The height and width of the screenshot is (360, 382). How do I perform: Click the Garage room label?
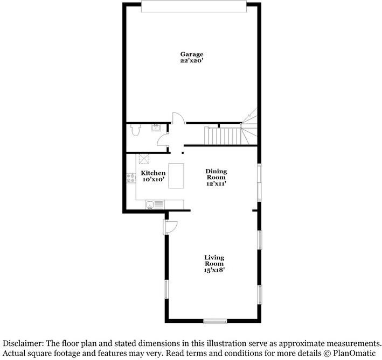pyautogui.click(x=191, y=54)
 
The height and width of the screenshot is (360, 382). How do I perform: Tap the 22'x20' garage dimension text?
pyautogui.click(x=191, y=61)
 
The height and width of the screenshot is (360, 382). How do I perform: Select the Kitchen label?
pyautogui.click(x=153, y=173)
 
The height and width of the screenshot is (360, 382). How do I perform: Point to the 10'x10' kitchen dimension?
pyautogui.click(x=153, y=179)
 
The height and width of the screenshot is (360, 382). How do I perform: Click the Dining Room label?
pyautogui.click(x=216, y=174)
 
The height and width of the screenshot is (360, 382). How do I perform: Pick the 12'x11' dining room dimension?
pyautogui.click(x=216, y=184)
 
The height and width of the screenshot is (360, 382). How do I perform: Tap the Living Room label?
pyautogui.click(x=214, y=260)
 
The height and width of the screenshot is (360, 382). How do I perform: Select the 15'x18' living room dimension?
pyautogui.click(x=214, y=270)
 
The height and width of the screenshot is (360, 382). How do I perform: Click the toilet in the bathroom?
pyautogui.click(x=135, y=130)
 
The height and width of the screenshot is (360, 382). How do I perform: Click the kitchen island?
pyautogui.click(x=176, y=176)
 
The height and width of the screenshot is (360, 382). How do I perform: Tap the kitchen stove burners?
pyautogui.click(x=129, y=178)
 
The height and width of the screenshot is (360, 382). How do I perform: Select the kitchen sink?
pyautogui.click(x=155, y=204)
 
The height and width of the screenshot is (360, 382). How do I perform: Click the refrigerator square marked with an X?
pyautogui.click(x=143, y=158)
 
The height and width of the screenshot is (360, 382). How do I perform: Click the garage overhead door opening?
pyautogui.click(x=194, y=6)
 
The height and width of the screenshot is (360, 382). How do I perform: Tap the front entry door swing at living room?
pyautogui.click(x=170, y=227)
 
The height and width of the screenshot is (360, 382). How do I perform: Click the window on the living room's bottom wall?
pyautogui.click(x=214, y=321)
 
